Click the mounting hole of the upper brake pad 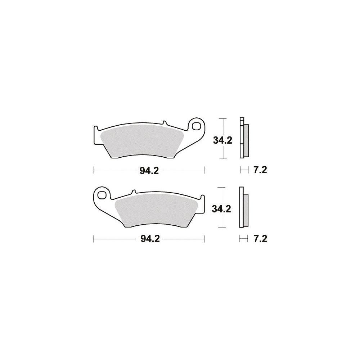coord(196,126)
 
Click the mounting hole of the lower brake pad coord(101,195)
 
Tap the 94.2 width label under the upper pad coord(149,171)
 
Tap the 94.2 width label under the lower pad coord(150,239)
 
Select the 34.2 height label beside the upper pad coord(222,140)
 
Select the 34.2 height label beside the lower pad coord(221,209)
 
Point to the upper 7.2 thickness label coord(260,170)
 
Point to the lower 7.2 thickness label coord(260,239)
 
